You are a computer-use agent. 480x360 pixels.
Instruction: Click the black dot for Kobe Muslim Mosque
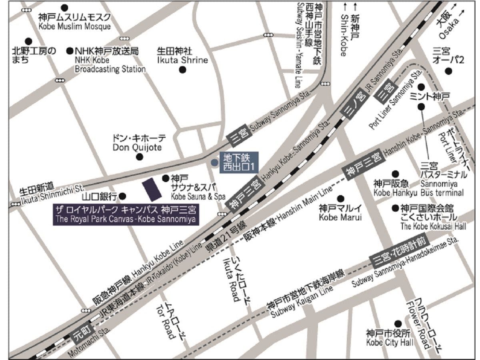[x=64, y=8]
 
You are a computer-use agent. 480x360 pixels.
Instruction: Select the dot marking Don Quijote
[x=139, y=157]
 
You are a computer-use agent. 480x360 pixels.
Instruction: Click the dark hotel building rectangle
[x=152, y=189]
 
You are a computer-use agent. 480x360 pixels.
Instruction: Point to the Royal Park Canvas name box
[x=126, y=215]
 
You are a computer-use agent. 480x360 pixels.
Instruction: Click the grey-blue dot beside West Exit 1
[x=214, y=162]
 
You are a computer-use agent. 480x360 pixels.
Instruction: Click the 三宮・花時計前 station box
[x=400, y=250]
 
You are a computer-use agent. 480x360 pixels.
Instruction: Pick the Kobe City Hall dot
[x=398, y=323]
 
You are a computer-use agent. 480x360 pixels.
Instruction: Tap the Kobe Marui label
[x=340, y=213]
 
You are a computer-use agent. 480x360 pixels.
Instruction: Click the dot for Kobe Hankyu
[x=395, y=174]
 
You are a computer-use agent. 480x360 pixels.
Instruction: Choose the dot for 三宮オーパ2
[x=449, y=71]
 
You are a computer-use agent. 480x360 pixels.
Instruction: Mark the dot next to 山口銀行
[x=123, y=196]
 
